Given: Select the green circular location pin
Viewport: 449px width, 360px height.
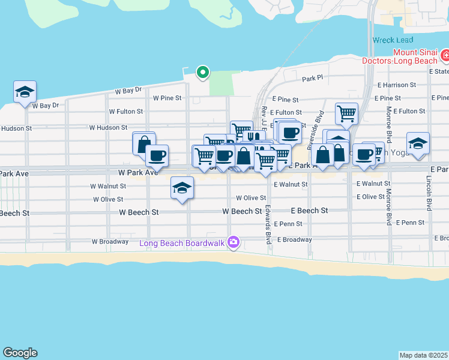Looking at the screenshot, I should pyautogui.click(x=203, y=73).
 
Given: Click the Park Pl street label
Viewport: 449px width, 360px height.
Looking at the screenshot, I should pyautogui.click(x=312, y=79).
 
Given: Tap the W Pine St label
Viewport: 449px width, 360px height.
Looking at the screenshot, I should pyautogui.click(x=167, y=98).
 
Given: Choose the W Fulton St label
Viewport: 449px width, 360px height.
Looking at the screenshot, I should pyautogui.click(x=126, y=112).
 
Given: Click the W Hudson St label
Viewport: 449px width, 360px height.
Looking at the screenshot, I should pyautogui.click(x=108, y=127).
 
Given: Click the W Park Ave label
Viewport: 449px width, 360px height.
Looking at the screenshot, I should pyautogui.click(x=137, y=172).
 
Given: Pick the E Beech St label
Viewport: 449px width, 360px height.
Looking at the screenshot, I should pyautogui.click(x=309, y=211).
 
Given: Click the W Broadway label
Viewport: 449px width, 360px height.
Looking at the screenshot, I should pyautogui.click(x=110, y=241).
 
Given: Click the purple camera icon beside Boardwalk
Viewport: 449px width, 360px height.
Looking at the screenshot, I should pyautogui.click(x=234, y=243).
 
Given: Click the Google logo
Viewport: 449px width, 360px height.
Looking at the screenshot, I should pyautogui.click(x=20, y=353).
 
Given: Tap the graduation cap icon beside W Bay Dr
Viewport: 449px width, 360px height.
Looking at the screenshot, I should pyautogui.click(x=25, y=92).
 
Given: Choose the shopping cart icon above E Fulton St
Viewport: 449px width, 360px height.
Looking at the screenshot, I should pyautogui.click(x=346, y=112).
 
